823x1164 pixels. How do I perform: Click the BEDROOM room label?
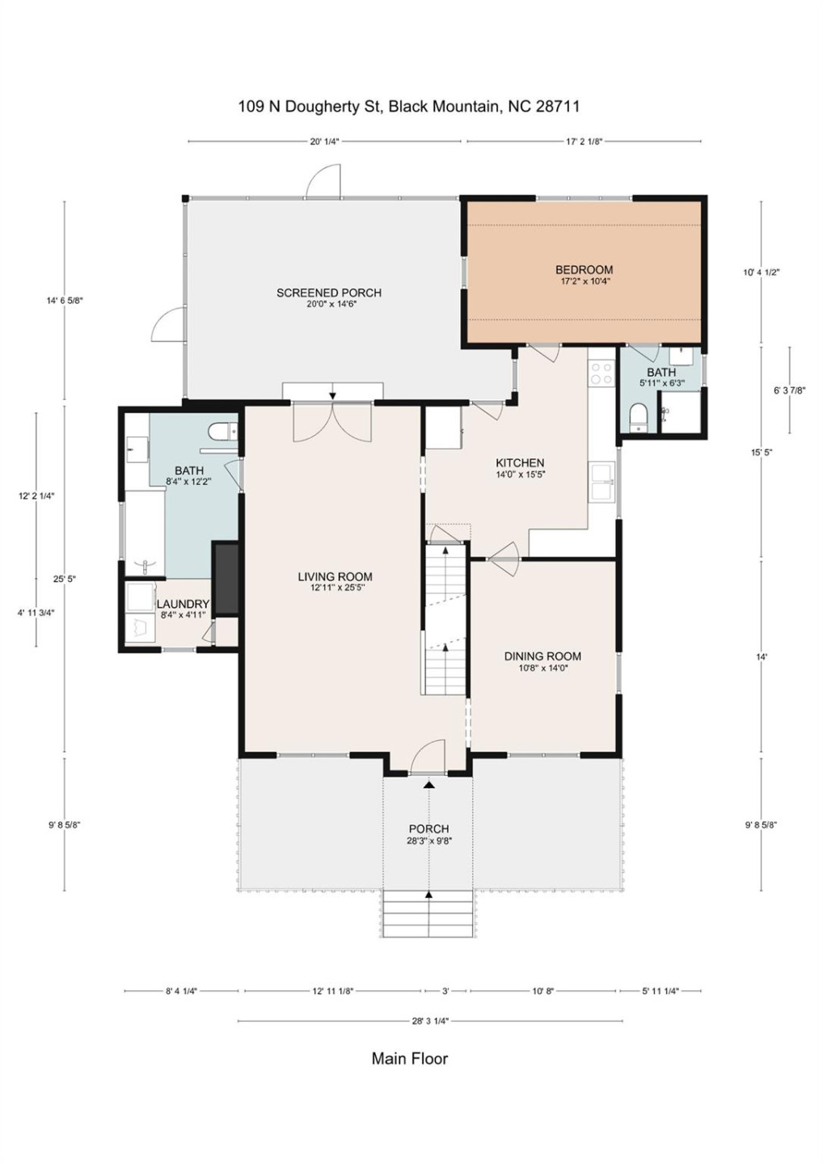coord(583,270)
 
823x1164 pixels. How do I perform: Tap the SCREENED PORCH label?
coord(328,293)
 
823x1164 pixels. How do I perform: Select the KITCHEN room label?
coord(520,463)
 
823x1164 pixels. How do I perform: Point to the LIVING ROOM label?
coord(335,576)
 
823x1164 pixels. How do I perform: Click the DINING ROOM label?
coord(542,656)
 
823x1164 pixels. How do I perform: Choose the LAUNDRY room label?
coord(183,604)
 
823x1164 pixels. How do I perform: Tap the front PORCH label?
coord(428,829)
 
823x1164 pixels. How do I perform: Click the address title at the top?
coord(409,106)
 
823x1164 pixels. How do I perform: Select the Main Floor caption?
coord(409,1058)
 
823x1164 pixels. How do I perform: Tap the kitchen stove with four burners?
coord(601,373)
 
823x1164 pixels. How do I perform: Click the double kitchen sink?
coord(601,483)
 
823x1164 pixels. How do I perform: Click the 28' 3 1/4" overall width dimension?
coord(430,1021)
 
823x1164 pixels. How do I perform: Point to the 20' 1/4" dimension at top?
coord(324,141)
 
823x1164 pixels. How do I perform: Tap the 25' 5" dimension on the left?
coord(65,579)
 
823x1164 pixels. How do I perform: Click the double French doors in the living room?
coord(332,422)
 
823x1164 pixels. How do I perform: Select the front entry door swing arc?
coord(428,757)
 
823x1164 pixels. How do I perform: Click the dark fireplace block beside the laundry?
coord(226,578)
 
